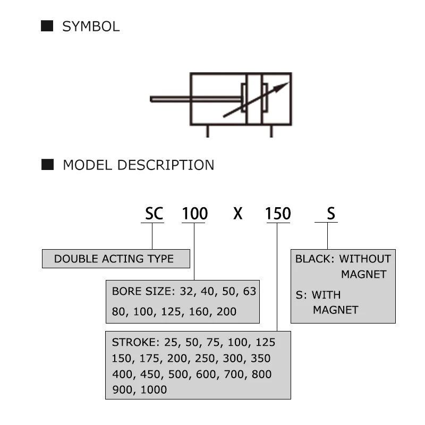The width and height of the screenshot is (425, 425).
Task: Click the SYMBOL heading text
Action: point(91,27)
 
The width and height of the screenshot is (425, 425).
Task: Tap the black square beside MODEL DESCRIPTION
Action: point(48,164)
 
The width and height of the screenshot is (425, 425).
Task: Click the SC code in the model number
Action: point(154,214)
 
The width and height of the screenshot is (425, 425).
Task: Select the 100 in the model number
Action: point(195,214)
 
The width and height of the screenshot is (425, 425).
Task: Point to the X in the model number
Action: point(237,214)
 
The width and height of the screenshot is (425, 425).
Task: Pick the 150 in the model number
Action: point(278,214)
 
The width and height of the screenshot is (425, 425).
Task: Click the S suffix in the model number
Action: point(331,214)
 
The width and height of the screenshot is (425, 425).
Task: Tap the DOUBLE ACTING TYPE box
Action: point(116,259)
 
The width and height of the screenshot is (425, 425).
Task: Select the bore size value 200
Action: point(226,311)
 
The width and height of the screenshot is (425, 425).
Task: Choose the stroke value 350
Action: point(260,359)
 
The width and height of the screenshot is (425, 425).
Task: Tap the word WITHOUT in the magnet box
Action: point(365,259)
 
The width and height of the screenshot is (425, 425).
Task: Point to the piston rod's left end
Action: point(152,99)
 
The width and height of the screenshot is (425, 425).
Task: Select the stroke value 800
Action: point(261,374)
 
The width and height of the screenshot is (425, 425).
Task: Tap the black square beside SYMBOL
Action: point(47,25)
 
